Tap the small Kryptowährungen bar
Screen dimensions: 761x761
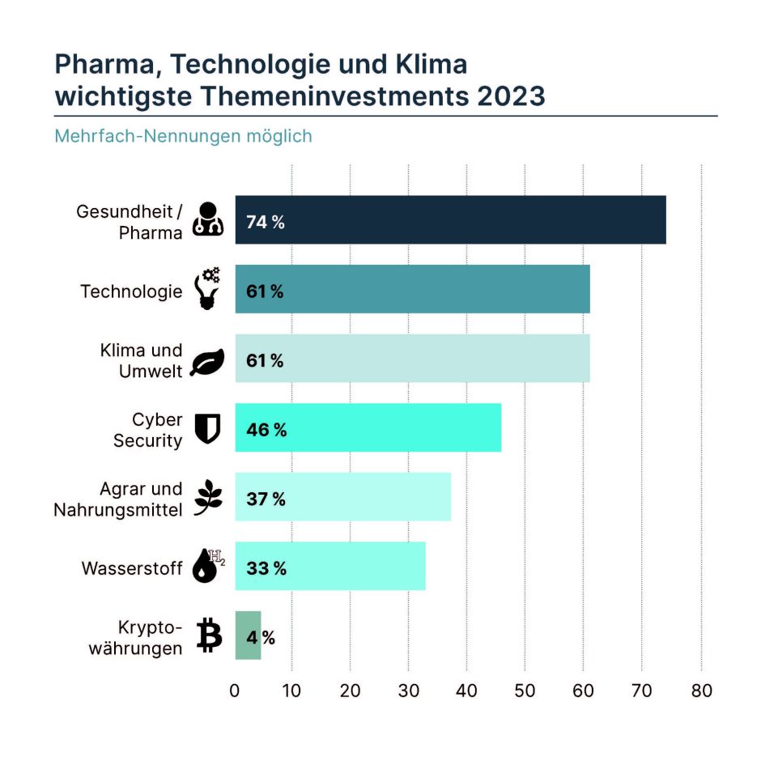click(249, 636)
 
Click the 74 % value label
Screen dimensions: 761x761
click(266, 222)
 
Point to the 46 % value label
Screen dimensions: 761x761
click(266, 430)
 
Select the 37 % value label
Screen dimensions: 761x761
click(266, 500)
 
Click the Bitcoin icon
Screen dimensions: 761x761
click(209, 636)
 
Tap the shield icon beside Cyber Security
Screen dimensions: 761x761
click(208, 428)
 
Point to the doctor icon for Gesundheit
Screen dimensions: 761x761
click(209, 219)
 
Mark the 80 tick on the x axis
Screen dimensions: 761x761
click(701, 691)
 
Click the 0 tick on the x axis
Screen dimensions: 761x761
click(235, 691)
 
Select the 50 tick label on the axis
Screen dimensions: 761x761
click(525, 691)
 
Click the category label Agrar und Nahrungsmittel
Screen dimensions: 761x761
click(118, 500)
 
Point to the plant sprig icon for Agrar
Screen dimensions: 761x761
click(209, 497)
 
